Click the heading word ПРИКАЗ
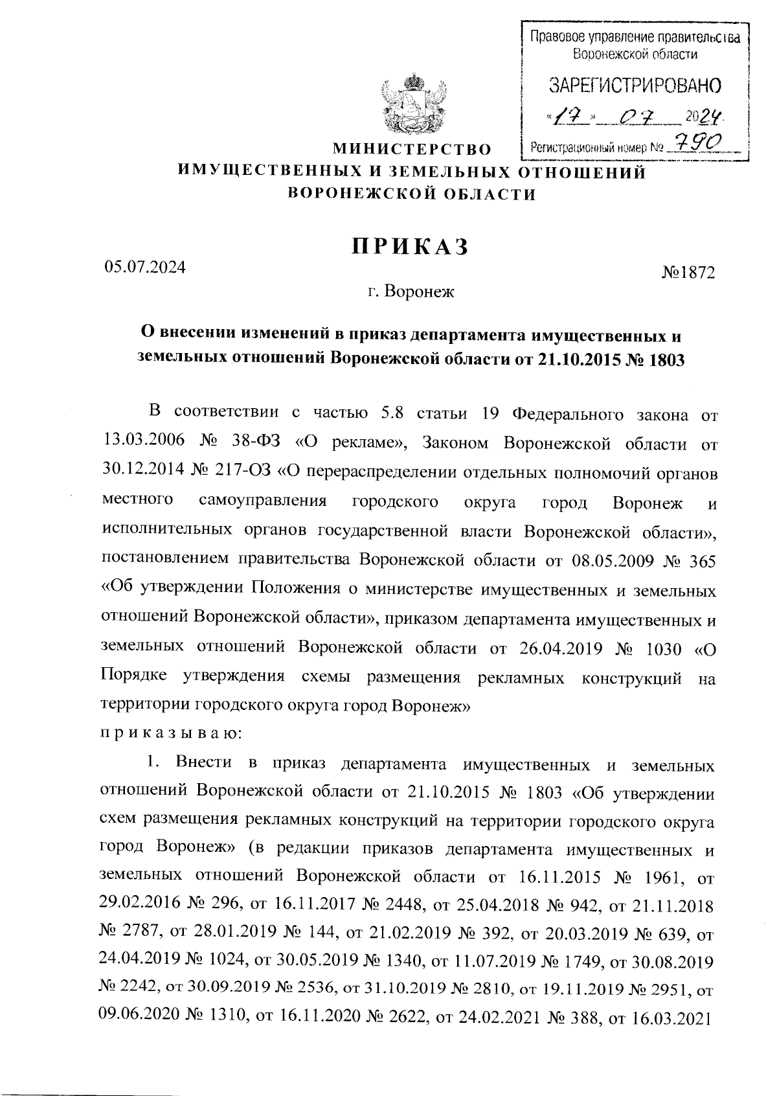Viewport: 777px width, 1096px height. coord(409,247)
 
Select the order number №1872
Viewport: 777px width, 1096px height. coord(688,273)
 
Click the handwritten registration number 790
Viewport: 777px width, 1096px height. coord(698,142)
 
